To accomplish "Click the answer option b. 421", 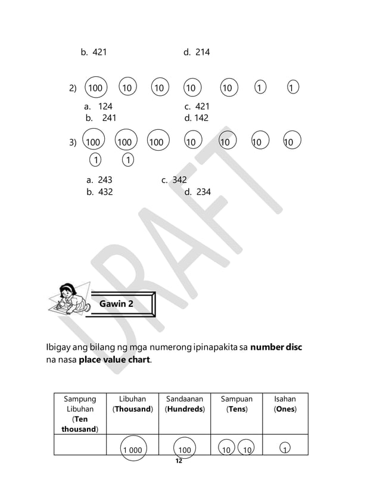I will (x=94, y=52).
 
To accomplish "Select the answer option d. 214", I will (x=197, y=52).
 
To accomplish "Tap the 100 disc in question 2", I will (x=95, y=88).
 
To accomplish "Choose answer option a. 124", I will (x=98, y=107).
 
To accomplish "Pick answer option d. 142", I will (x=197, y=118).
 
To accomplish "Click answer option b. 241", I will (x=101, y=118).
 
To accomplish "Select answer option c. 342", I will (x=174, y=180).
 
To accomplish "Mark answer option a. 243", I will (x=99, y=180).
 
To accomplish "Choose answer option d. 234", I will (x=198, y=192).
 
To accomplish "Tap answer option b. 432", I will (x=99, y=192).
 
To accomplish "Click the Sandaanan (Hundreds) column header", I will (x=184, y=404).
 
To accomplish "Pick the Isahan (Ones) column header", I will (x=285, y=404).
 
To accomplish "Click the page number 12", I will (x=178, y=461).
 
